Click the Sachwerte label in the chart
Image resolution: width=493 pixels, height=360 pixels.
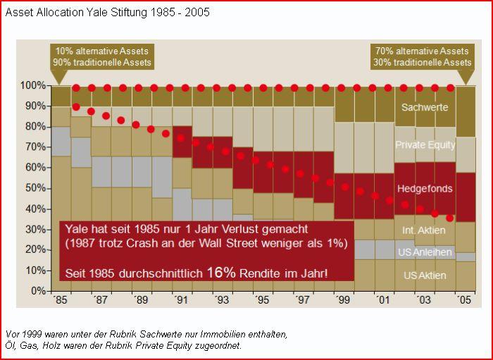pos(425,108)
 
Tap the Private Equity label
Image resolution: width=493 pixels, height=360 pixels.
pos(425,145)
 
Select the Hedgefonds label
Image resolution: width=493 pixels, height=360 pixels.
pos(425,189)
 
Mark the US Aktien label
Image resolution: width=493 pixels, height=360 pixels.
pos(425,275)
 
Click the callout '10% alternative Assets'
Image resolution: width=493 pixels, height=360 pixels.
pos(102,51)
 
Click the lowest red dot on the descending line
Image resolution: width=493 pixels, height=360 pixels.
pos(450,218)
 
